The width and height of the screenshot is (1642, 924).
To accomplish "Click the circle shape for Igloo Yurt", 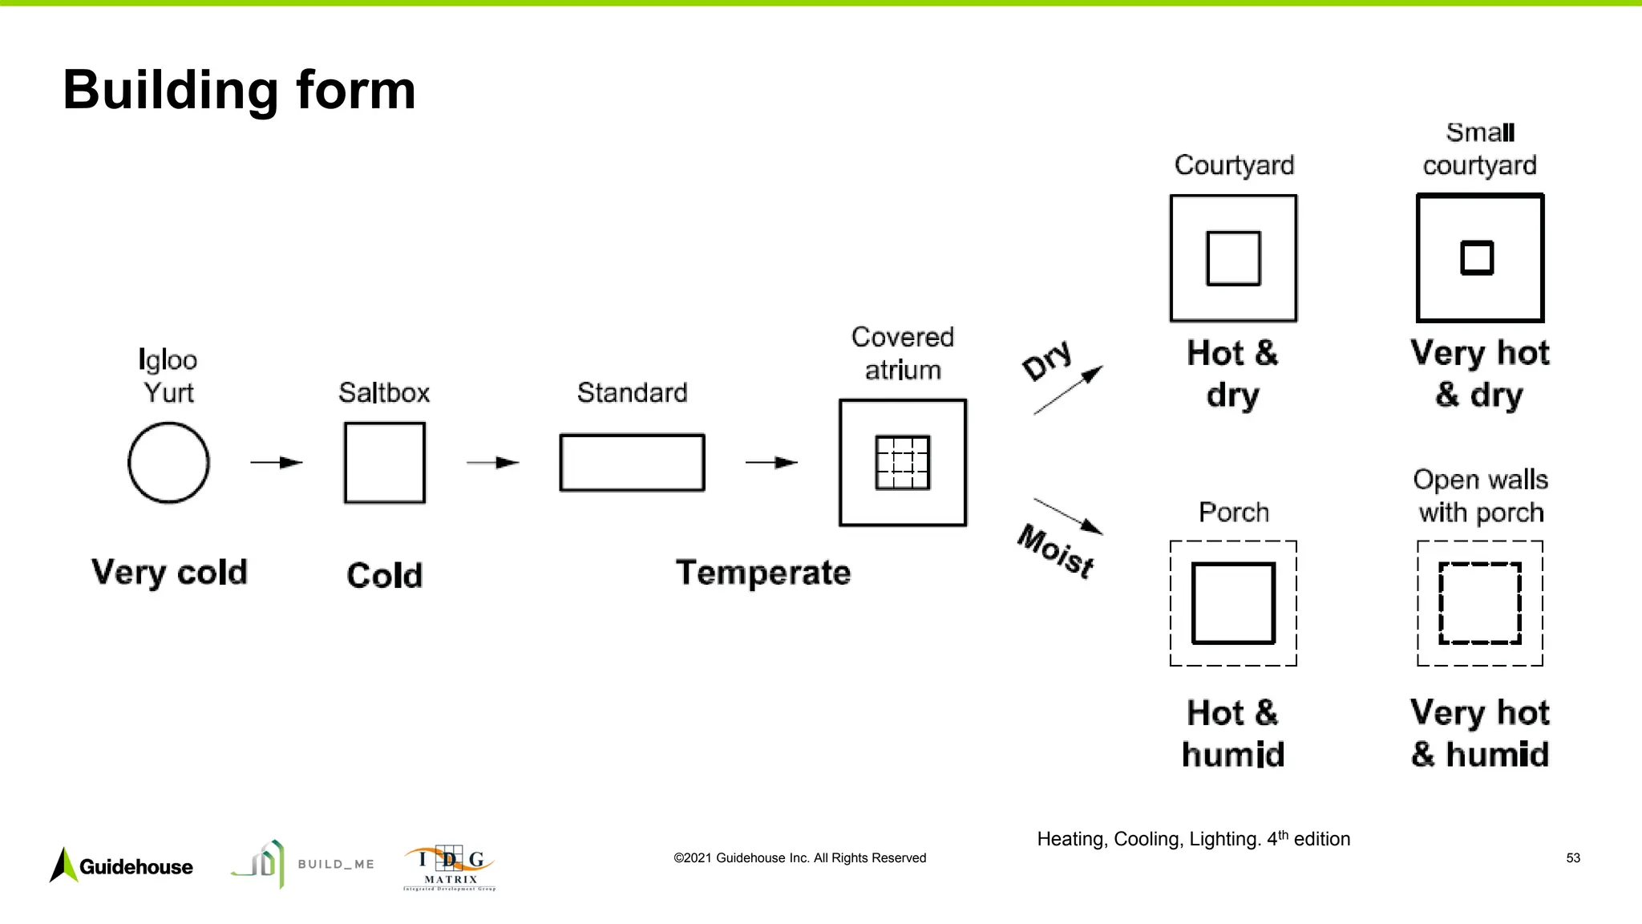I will [168, 463].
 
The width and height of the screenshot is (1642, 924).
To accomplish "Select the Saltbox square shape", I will [385, 463].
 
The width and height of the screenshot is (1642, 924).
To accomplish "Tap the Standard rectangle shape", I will [632, 463].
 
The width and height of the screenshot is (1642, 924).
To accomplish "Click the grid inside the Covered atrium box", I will [903, 463].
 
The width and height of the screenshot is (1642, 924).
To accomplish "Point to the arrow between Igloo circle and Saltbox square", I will [277, 463].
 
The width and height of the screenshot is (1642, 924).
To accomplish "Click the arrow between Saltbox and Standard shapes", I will [493, 463].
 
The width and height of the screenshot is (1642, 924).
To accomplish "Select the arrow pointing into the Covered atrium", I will [771, 463].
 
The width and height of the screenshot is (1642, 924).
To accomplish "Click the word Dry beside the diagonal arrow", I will [1047, 361].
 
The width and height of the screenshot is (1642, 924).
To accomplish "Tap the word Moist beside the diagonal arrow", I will [1056, 552].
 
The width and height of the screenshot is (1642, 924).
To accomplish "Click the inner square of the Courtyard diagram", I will [1233, 258].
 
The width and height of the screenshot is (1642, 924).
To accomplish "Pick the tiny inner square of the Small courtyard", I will [1477, 258].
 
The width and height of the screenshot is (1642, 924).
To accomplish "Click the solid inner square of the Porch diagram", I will [1233, 603].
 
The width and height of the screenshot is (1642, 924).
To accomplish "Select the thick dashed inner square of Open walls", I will [1479, 603].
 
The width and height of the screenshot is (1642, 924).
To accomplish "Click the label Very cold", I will [169, 573].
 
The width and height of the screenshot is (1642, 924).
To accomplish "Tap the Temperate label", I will [763, 573].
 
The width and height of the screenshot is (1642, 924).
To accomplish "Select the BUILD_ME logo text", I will [336, 865].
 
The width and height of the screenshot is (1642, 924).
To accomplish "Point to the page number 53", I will [1573, 858].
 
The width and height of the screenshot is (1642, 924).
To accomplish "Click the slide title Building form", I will [239, 90].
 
